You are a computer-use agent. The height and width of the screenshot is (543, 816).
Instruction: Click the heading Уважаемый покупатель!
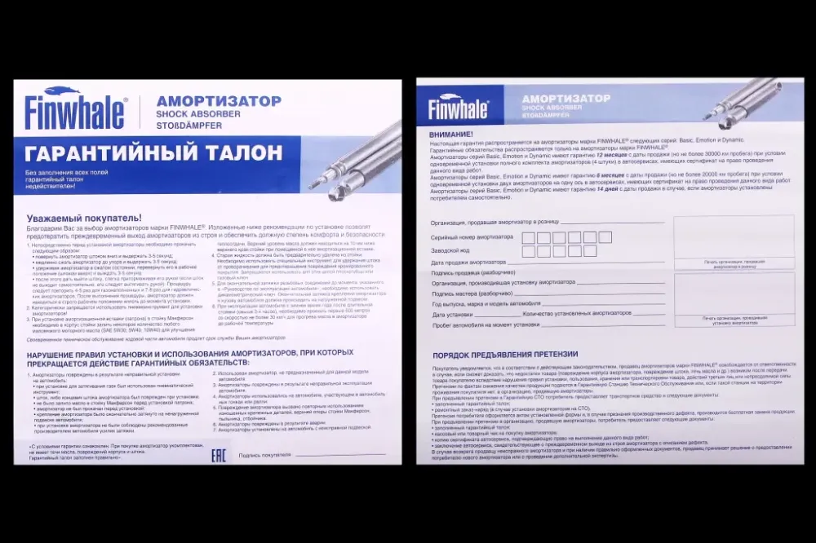[83, 218]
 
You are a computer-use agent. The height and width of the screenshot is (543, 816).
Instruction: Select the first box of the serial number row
[528, 237]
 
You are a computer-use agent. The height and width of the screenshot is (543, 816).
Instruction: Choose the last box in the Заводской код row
[591, 251]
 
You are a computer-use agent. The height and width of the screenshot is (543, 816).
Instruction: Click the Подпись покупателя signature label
[265, 455]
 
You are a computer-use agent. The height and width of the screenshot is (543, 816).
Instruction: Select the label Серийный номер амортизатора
[472, 237]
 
